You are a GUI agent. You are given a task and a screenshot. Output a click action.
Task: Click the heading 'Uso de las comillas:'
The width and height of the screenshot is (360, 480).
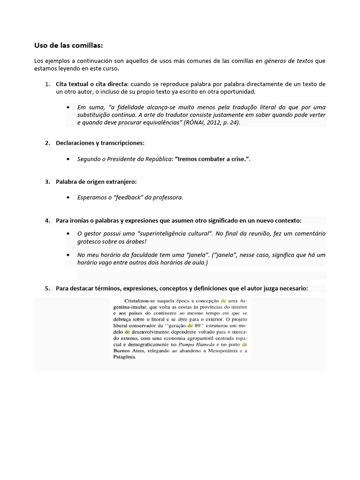coord(68,45)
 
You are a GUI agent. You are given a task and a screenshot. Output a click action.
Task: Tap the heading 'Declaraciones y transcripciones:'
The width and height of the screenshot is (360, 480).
coord(100,143)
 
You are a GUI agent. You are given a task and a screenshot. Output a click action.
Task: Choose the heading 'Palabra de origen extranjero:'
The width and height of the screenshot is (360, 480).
coord(96,181)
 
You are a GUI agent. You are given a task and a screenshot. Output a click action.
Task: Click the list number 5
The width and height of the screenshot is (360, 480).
coord(47,289)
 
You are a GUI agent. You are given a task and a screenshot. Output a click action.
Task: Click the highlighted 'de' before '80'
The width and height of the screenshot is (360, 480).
coord(190,324)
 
